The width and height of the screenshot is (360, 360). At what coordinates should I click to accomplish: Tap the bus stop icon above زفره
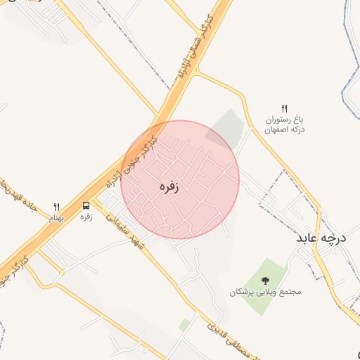(x=86, y=206)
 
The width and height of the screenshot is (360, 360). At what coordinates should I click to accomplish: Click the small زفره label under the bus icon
(x=86, y=217)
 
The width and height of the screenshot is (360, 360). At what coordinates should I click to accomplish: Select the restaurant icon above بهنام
(x=57, y=207)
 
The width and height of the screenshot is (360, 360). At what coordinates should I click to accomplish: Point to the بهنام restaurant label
(x=56, y=218)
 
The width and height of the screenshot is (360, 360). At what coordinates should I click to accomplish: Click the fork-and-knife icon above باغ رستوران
(x=284, y=108)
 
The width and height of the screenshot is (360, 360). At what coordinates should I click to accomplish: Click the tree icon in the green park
(x=265, y=280)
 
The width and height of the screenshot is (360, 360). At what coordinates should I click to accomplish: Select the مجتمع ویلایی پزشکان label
(x=264, y=291)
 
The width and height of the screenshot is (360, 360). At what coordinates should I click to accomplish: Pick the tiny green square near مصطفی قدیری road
(x=184, y=325)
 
